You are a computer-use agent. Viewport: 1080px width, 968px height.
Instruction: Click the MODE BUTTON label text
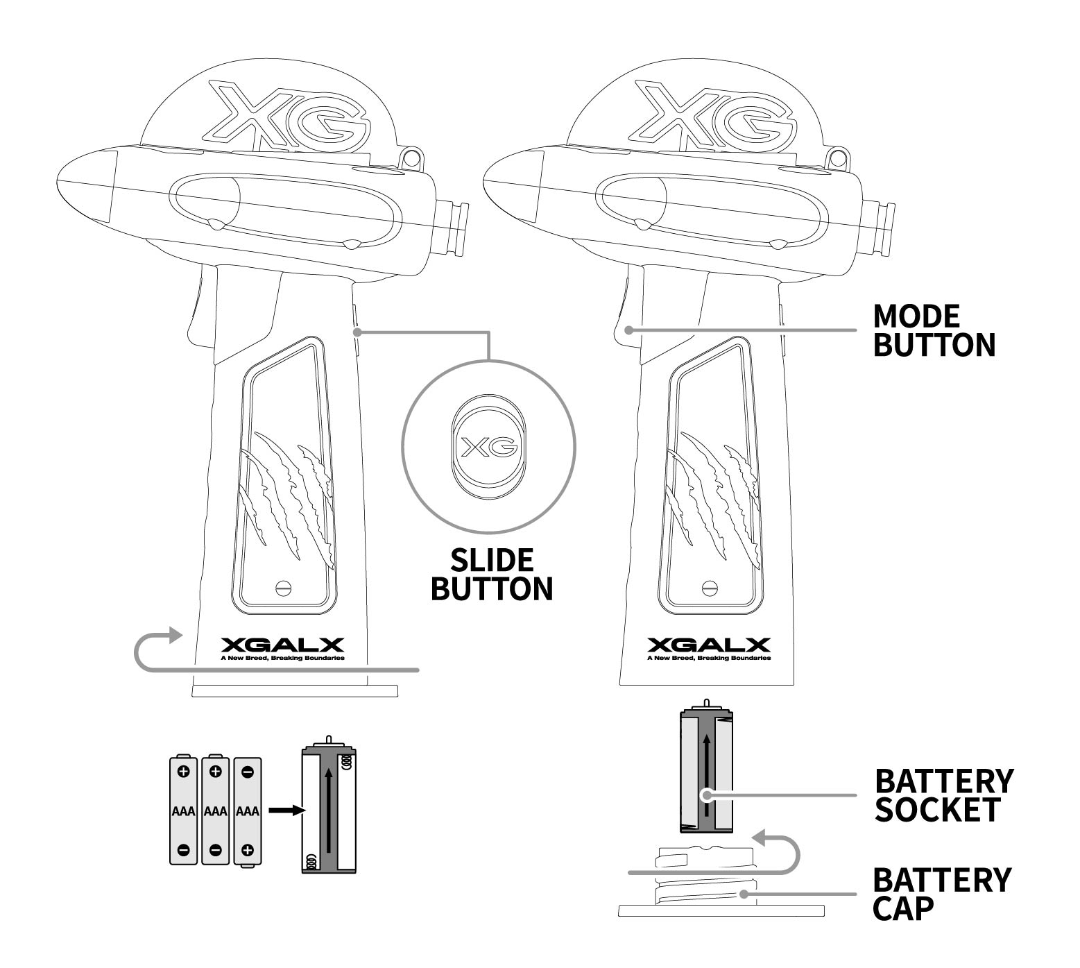[x=933, y=330]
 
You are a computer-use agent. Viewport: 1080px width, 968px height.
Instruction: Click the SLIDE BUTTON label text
[x=492, y=574]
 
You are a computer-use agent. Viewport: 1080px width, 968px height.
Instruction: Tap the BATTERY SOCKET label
[x=943, y=795]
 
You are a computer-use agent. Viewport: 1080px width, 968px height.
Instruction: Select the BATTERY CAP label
[x=941, y=894]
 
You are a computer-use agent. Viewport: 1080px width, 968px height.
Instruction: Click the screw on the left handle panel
[x=283, y=587]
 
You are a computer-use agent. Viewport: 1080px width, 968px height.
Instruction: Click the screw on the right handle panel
[x=710, y=587]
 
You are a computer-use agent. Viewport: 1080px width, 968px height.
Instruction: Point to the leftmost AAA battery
[x=183, y=810]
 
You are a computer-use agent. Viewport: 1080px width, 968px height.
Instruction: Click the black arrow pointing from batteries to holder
[x=287, y=810]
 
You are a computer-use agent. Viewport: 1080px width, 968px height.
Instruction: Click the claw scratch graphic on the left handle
[x=285, y=493]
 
